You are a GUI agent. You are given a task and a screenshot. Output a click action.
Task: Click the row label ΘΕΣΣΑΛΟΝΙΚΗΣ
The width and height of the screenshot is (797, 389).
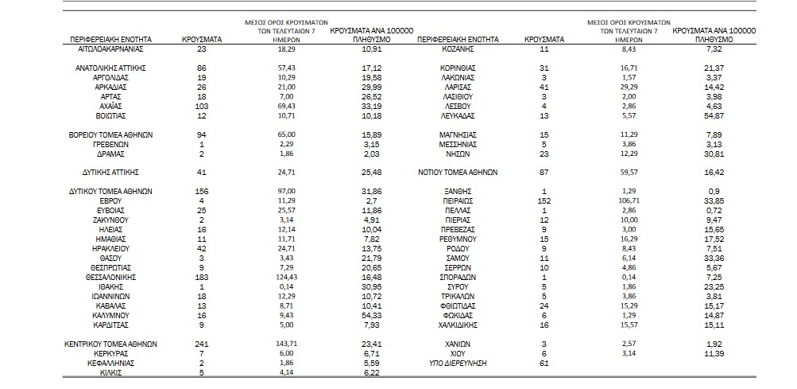pos(110,278)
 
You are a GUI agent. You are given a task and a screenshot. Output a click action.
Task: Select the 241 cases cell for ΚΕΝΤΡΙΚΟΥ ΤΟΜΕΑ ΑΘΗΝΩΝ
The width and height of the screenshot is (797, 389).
pos(202,344)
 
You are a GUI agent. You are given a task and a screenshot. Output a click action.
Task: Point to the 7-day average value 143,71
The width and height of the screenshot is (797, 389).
pos(286,344)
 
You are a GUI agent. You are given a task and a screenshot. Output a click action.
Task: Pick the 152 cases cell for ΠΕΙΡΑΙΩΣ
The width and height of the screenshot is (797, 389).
pos(544,201)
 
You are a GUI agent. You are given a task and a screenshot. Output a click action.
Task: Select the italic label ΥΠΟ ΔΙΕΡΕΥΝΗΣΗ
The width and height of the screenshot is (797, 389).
pos(458,364)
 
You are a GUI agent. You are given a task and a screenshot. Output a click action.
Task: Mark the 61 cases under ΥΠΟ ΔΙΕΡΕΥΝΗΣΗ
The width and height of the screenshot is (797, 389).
pos(544,364)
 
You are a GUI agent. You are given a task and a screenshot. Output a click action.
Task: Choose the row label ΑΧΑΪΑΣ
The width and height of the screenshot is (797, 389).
pos(110,107)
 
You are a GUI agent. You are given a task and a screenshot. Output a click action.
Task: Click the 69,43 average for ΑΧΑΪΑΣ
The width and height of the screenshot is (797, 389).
pos(286,106)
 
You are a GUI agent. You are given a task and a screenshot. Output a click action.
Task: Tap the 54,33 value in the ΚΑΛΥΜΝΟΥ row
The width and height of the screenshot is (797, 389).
pos(369,316)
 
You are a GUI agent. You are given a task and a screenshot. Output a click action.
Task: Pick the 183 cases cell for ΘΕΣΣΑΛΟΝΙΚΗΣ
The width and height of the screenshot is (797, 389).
pos(202,278)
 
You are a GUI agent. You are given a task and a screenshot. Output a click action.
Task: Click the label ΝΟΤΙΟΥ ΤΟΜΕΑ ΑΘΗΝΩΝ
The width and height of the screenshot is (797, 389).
pos(457,173)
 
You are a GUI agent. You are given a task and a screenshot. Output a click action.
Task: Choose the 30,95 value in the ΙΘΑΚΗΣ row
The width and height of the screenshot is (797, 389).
pos(369,287)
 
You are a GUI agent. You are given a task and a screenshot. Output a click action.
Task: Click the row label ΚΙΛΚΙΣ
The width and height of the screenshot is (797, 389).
pos(110,373)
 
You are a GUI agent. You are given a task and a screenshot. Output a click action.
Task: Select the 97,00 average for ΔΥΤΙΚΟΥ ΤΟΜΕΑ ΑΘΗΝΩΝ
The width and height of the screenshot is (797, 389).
pos(286,191)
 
